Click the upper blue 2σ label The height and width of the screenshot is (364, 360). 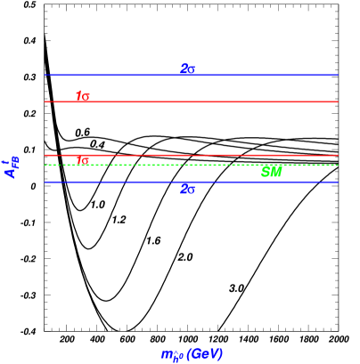click(x=187, y=69)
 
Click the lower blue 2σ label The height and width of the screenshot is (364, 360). click(x=187, y=189)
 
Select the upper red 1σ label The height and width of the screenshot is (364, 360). click(x=82, y=96)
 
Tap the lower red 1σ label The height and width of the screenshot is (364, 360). click(x=82, y=161)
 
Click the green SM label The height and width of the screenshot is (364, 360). click(x=272, y=173)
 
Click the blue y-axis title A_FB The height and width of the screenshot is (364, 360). click(x=12, y=166)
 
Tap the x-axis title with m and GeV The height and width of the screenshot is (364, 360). click(x=192, y=354)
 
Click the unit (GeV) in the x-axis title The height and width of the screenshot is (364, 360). click(x=205, y=354)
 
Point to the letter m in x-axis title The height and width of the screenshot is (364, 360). click(x=167, y=355)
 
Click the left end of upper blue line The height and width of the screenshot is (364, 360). click(x=45, y=76)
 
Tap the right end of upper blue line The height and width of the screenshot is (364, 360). click(x=337, y=76)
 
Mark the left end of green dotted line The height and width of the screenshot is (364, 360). click(x=45, y=165)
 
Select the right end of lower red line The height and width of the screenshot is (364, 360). click(x=337, y=155)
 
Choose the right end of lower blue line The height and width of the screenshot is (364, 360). click(x=337, y=182)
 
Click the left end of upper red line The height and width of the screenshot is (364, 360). click(x=45, y=101)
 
